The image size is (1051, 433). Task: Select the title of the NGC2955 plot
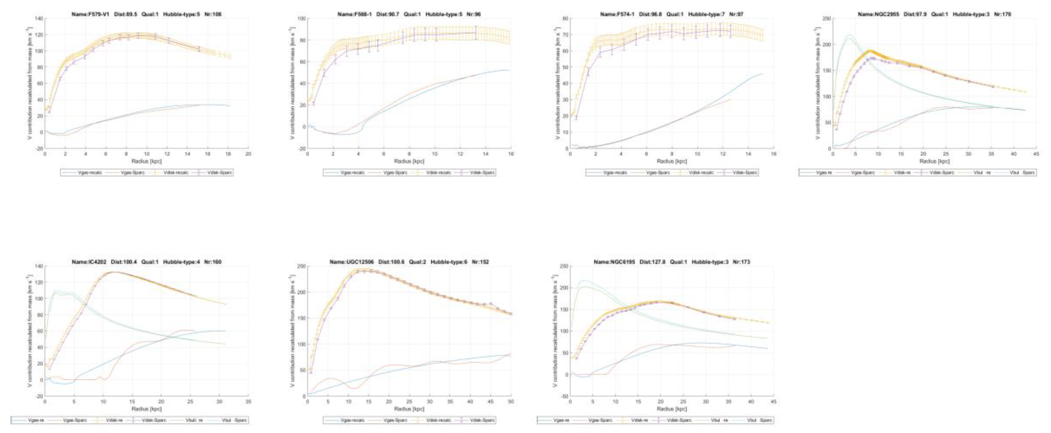(x=934, y=14)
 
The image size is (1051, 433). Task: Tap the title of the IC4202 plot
(x=146, y=262)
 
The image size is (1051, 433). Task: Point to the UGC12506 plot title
(x=409, y=262)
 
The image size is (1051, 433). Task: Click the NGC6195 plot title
(x=671, y=262)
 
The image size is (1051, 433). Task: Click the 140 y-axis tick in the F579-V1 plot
(x=39, y=19)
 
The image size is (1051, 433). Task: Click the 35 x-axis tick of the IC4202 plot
(x=248, y=402)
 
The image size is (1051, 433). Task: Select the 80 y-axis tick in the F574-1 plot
(x=565, y=19)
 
